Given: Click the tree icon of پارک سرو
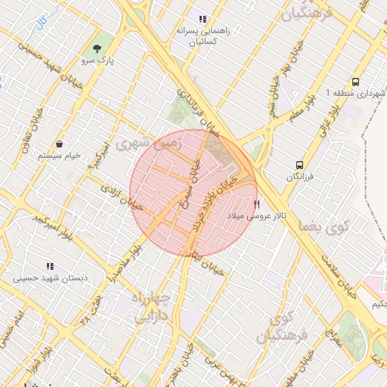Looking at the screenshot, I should pos(96,47).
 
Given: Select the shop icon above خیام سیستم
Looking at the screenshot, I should pos(59,144).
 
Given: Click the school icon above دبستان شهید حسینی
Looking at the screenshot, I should pos(50,267).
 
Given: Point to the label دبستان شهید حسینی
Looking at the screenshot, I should pos(50,279).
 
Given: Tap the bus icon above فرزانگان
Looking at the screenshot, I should pos(300,164).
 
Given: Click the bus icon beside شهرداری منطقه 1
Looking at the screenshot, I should pos(355,82).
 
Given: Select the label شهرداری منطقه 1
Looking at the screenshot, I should pos(355,93).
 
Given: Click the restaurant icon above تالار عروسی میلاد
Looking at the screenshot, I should pos(256,204).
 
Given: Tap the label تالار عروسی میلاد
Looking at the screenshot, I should pos(255,216).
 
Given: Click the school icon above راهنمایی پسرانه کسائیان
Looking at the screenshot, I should pos(202,19).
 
